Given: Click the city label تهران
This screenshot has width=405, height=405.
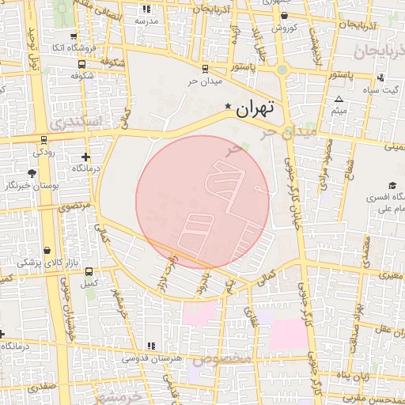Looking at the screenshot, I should coord(258,108).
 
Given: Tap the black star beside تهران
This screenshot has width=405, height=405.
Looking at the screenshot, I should coord(229,106).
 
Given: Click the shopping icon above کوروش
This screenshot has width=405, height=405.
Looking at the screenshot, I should coord(284,15).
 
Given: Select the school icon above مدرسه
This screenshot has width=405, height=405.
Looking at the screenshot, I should coord(146,9).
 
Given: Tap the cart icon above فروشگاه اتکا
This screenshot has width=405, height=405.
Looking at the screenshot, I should coord(74,36).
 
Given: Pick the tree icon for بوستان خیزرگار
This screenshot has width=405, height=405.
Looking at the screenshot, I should coord(32,172).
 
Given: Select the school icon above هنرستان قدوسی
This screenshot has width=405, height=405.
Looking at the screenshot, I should coord(150,346).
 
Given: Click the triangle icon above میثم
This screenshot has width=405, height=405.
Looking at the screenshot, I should coord(339,100).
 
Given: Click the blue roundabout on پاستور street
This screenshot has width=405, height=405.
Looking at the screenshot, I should coord(282,69).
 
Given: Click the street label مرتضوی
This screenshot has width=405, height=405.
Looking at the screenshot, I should coord(75,207).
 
